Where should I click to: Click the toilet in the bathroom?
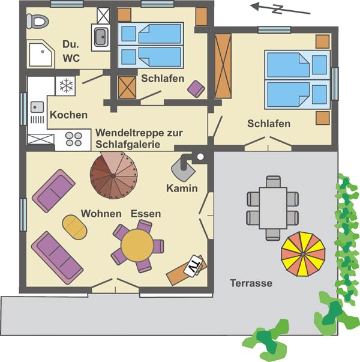tap(37, 21)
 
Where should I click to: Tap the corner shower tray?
tap(41, 55)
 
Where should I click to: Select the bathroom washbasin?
tap(101, 37)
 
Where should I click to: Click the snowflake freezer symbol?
tap(66, 86)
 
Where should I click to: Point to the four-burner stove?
tap(74, 139)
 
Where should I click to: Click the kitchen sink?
tap(37, 107)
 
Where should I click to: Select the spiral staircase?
tap(113, 175)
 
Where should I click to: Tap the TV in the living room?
tap(194, 265)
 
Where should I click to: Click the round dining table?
tap(137, 245)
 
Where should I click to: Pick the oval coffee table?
tap(74, 227)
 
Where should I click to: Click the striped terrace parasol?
tap(303, 254)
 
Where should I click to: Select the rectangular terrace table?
tap(273, 208)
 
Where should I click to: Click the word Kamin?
tap(182, 189)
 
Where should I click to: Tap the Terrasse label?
tap(251, 283)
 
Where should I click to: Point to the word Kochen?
tap(69, 115)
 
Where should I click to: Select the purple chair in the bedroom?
tap(196, 89)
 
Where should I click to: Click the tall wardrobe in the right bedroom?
tap(223, 66)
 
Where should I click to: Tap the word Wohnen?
tap(101, 214)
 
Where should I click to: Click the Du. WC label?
tap(71, 51)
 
